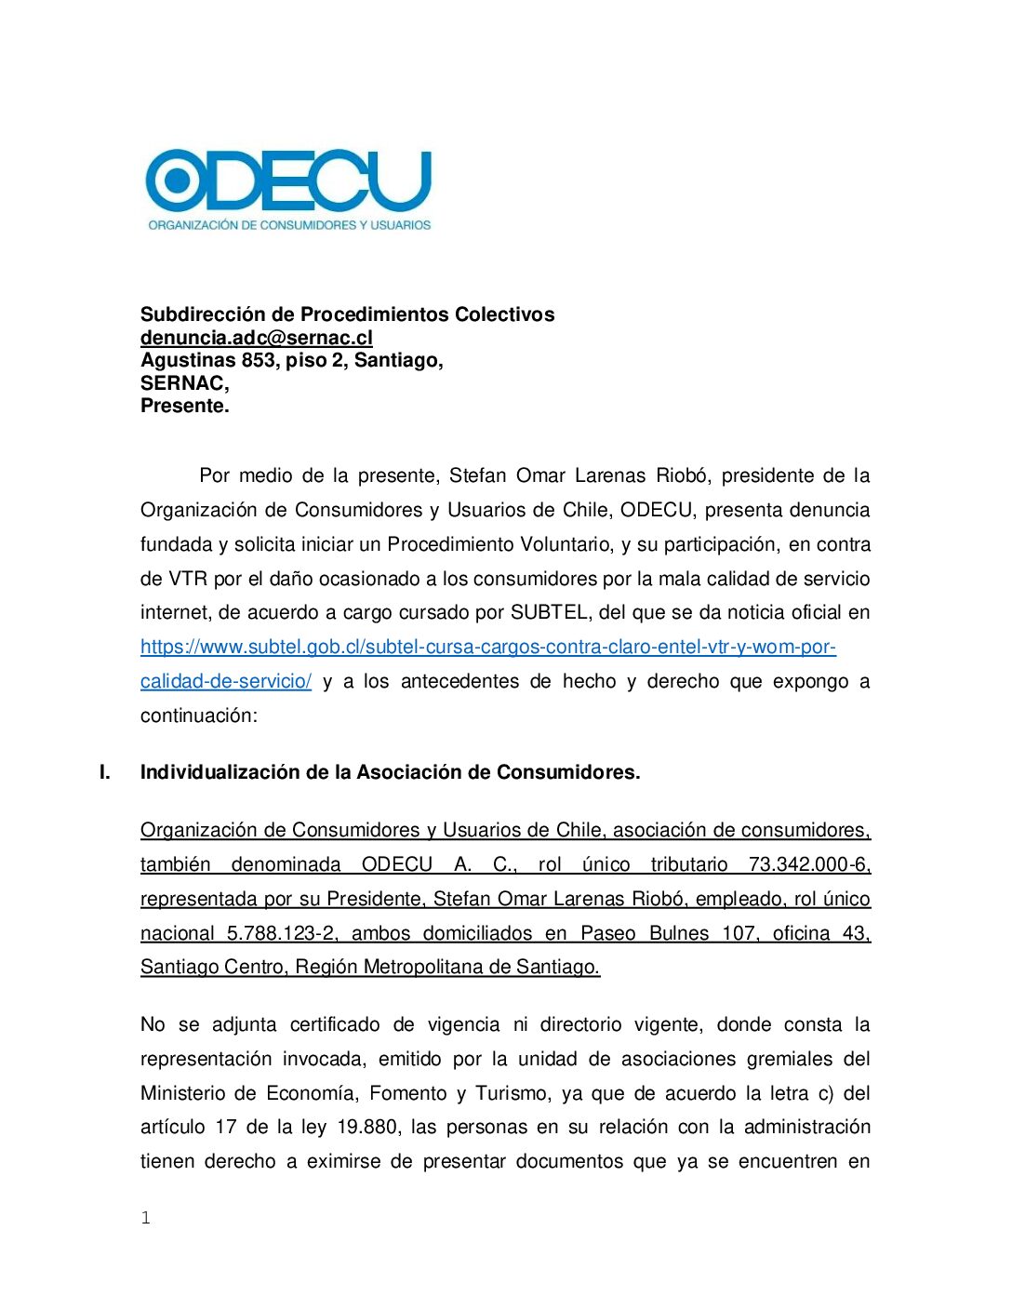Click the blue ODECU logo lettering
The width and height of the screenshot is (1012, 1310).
288,180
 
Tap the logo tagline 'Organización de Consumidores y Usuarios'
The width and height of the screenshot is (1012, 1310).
289,225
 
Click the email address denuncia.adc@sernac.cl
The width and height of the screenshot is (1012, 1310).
257,338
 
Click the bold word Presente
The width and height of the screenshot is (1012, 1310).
184,406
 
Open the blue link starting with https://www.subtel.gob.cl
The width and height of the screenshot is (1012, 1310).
487,647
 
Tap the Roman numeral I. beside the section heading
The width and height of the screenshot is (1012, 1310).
105,772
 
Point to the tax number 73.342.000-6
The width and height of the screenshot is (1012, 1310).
808,864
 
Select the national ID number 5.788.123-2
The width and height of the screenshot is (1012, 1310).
282,933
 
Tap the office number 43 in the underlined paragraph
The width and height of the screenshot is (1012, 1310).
855,933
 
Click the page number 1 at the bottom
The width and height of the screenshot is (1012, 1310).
145,1218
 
